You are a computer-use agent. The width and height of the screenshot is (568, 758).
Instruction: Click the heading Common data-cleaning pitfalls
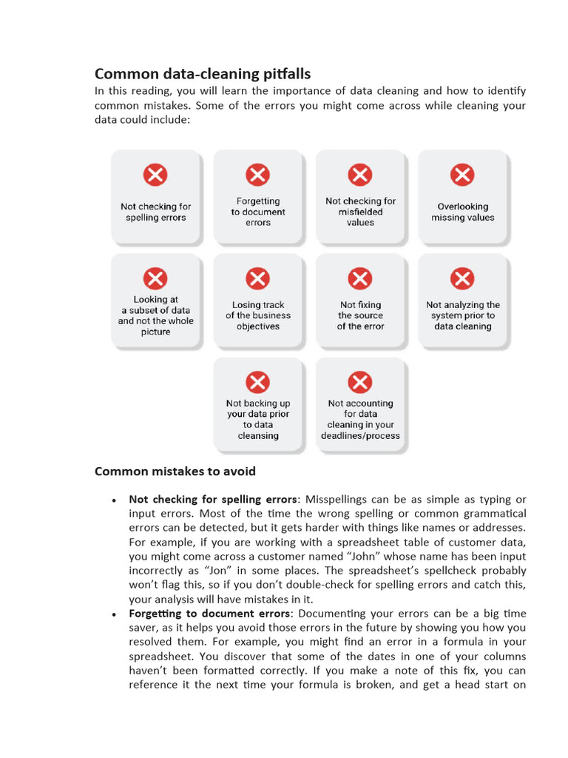[x=202, y=73]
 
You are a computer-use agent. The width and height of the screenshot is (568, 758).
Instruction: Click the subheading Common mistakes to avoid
[x=175, y=471]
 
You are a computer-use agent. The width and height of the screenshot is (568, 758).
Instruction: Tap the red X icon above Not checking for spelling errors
[x=155, y=175]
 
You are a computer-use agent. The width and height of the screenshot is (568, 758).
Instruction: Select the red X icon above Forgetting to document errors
[x=257, y=175]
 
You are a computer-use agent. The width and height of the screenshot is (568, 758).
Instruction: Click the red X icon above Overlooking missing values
[x=462, y=175]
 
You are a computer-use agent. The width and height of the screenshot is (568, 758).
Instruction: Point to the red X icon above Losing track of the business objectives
[x=257, y=279]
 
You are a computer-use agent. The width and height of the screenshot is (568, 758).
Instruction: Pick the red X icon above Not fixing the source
[x=360, y=279]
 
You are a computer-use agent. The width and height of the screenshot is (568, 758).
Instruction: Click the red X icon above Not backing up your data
[x=257, y=382]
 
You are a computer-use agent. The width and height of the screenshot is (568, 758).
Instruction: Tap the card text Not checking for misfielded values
[x=360, y=212]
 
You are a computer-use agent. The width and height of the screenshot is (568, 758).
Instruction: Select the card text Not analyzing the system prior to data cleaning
[x=462, y=315]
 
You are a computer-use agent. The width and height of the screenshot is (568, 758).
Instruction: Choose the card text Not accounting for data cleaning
[x=360, y=420]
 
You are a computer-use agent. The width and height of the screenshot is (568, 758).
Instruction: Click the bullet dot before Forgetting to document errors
[x=114, y=614]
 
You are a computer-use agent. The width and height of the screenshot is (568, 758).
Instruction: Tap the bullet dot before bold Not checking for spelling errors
[x=114, y=500]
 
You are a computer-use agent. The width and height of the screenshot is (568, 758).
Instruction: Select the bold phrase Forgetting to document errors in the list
[x=209, y=614]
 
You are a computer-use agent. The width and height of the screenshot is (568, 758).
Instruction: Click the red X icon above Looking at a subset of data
[x=155, y=279]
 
